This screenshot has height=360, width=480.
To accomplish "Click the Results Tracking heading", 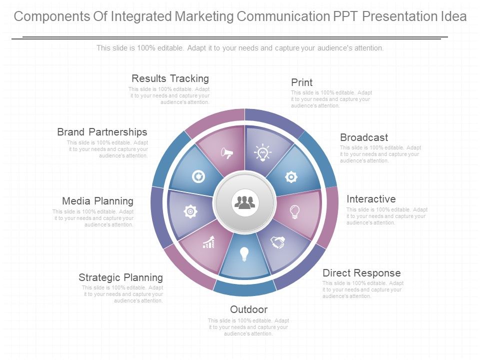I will pyautogui.click(x=170, y=78).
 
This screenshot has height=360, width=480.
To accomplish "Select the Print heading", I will pyautogui.click(x=301, y=82).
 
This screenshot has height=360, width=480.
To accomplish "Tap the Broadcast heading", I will pyautogui.click(x=364, y=137).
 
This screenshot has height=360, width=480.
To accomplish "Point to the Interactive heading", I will pyautogui.click(x=371, y=199).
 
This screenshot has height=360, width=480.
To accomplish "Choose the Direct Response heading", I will pyautogui.click(x=361, y=273).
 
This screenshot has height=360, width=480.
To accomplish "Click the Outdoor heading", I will pyautogui.click(x=248, y=309).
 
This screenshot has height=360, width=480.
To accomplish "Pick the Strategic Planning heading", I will pyautogui.click(x=120, y=277).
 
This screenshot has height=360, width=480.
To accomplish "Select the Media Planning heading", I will pyautogui.click(x=97, y=201).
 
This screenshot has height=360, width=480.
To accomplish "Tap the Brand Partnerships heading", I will pyautogui.click(x=102, y=132).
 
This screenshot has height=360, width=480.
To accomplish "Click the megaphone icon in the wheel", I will pyautogui.click(x=227, y=153).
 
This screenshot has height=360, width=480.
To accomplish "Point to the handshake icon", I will pyautogui.click(x=277, y=242).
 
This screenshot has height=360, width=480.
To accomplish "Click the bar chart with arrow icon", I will pyautogui.click(x=208, y=242).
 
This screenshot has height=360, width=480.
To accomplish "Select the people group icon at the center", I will pyautogui.click(x=244, y=202).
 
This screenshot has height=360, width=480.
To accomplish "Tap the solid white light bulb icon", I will pyautogui.click(x=244, y=254).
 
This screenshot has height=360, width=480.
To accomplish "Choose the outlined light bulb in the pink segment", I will pyautogui.click(x=295, y=211).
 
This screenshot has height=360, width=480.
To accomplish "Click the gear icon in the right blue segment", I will pyautogui.click(x=291, y=176).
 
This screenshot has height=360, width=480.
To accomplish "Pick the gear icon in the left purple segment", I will pyautogui.click(x=190, y=212).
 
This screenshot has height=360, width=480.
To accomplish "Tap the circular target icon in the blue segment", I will pyautogui.click(x=198, y=176).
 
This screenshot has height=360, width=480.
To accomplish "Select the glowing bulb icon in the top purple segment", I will pyautogui.click(x=262, y=152).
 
